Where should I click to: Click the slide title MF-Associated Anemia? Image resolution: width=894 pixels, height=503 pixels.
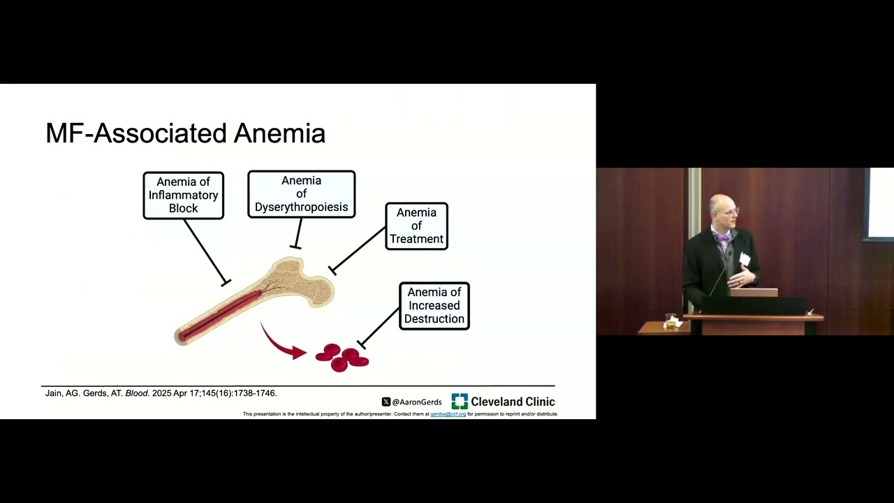[x=185, y=133]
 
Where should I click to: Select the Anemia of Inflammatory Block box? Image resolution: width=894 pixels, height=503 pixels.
[x=183, y=196]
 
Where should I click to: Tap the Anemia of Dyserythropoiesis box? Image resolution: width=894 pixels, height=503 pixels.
[x=301, y=194]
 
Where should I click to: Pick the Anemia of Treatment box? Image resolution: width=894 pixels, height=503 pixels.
[x=416, y=226]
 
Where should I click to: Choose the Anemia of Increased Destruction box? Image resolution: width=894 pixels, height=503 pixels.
[x=434, y=306]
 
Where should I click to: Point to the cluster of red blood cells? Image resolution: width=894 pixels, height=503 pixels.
[x=342, y=357]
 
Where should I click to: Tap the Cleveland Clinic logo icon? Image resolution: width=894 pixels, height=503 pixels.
[x=459, y=401]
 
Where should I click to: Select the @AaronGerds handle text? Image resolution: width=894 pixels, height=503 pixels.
[x=417, y=402]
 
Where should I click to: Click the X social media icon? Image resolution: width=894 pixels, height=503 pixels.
[x=386, y=402]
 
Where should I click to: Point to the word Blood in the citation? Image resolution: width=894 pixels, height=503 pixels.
[x=137, y=393]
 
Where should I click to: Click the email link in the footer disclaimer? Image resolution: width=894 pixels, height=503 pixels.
[x=448, y=414]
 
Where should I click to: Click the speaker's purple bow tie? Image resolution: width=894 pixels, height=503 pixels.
[x=724, y=238]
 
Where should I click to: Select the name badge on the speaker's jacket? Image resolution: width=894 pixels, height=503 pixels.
[x=745, y=259]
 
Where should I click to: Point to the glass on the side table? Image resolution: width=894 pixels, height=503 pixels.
[x=672, y=321]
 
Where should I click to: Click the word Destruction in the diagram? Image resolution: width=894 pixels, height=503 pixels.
[x=434, y=319]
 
